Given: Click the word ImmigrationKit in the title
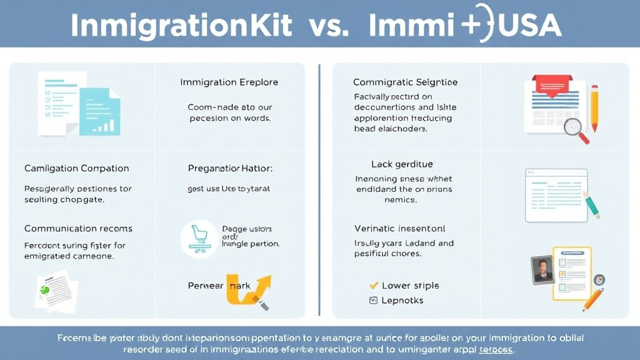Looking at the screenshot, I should point(181,25).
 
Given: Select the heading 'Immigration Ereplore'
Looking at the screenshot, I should point(229,82).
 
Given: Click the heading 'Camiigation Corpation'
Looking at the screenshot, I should point(76,168).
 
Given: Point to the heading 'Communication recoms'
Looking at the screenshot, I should point(78,228).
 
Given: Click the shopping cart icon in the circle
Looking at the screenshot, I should point(199,239).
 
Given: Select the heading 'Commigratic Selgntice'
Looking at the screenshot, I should point(405,82).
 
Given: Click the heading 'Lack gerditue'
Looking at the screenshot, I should point(402,164).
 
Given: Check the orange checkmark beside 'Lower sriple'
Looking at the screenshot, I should point(374,285).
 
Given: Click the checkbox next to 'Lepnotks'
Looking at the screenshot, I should point(374,301).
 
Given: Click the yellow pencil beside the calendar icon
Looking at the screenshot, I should point(594,109).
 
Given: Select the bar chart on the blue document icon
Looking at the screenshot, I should point(105,125).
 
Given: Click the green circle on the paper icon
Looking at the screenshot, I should point(45,290).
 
